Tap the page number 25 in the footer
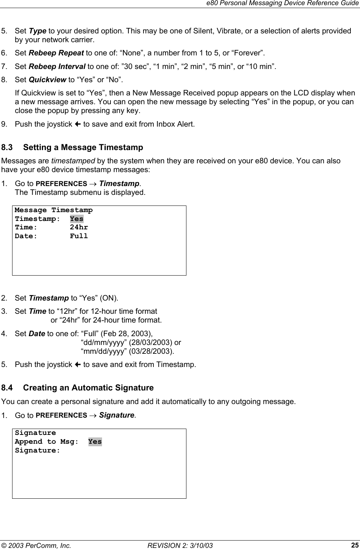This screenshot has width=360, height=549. click(355, 545)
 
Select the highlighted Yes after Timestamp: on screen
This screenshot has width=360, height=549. click(77, 219)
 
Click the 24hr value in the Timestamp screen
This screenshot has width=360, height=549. click(79, 228)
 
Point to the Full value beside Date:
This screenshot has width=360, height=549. click(79, 236)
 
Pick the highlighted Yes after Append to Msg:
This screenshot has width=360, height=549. click(95, 442)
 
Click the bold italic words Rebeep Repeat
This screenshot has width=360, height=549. click(56, 53)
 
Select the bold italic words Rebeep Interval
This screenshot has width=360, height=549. click(57, 66)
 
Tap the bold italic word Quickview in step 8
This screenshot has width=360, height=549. click(47, 80)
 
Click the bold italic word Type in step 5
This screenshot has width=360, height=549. click(37, 31)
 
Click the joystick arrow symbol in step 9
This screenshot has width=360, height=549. click(78, 124)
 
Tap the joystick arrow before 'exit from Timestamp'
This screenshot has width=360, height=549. click(78, 364)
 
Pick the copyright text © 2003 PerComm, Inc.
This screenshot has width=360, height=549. click(36, 545)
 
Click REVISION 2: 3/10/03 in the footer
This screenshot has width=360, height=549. click(180, 545)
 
